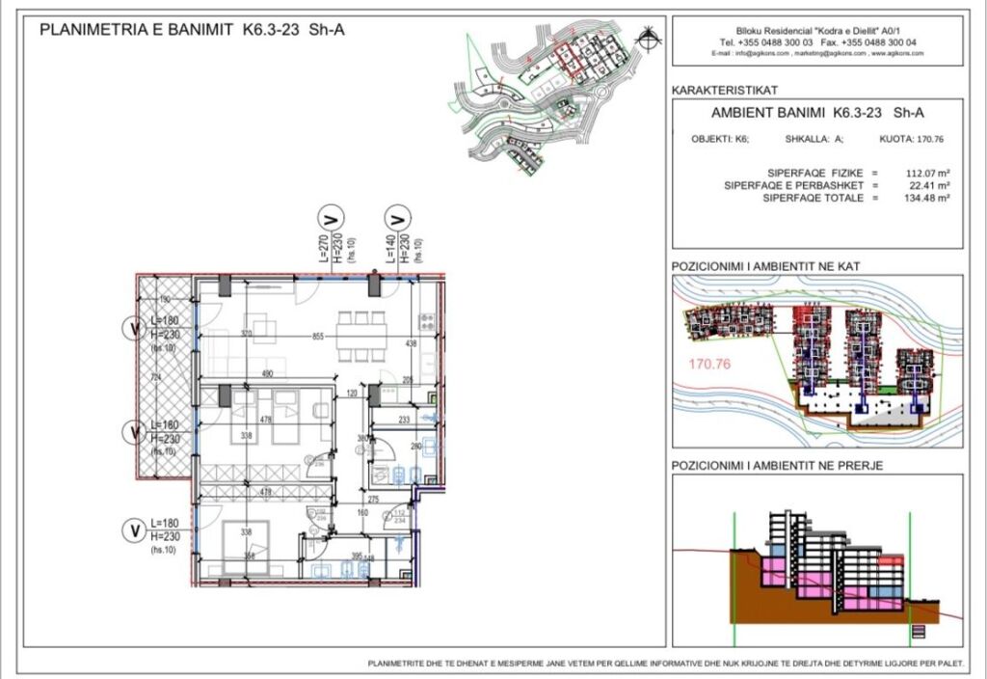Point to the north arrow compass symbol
[x=653, y=39]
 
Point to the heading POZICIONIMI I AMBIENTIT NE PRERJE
[x=778, y=466]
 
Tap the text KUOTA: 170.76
[x=911, y=139]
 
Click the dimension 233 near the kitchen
[x=404, y=420]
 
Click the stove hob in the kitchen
[x=427, y=321]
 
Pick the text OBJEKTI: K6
[x=714, y=139]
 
